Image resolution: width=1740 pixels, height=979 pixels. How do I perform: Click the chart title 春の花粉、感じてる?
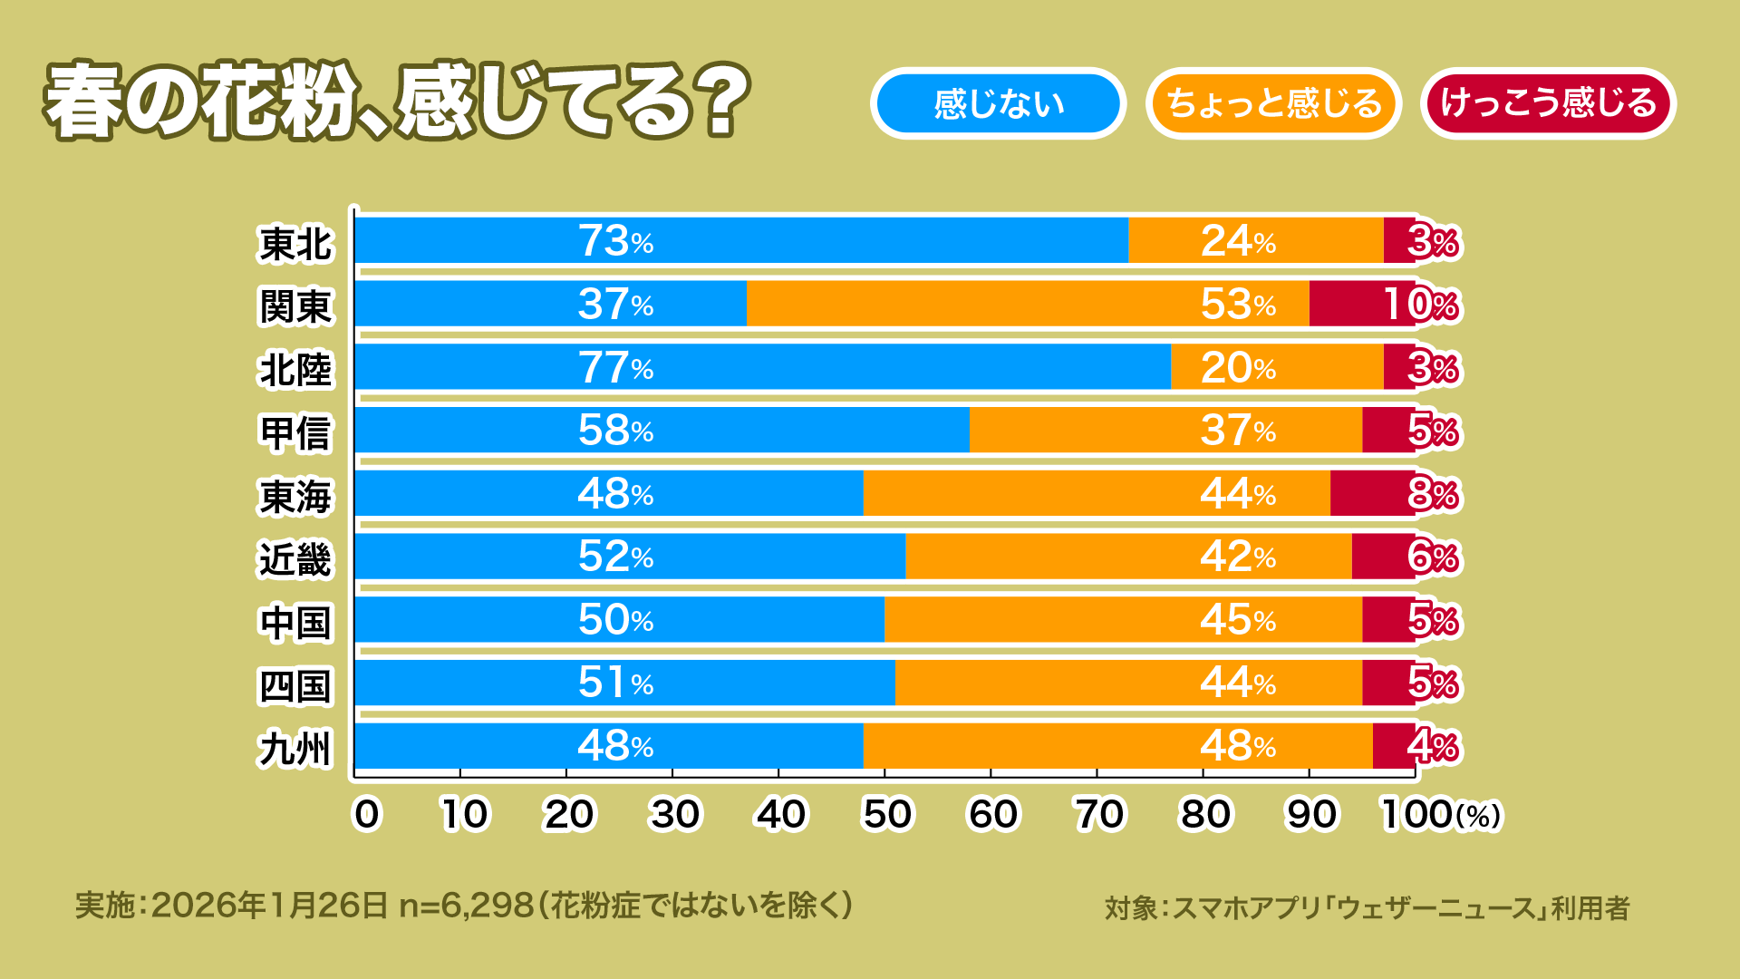coord(397,102)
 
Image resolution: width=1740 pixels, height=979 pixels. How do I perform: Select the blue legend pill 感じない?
coord(998,103)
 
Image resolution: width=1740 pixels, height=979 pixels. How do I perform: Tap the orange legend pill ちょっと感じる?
coord(1273,103)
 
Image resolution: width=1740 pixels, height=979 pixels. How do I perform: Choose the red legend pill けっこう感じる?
coord(1548,103)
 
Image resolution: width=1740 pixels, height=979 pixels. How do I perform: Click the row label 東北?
coord(295,244)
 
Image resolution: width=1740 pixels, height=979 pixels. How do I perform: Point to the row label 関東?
coord(295,306)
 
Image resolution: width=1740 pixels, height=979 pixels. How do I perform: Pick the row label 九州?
coord(295,749)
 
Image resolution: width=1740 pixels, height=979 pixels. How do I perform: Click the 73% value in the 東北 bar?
coord(615,241)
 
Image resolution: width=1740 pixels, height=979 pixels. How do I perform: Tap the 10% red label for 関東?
coord(1420,305)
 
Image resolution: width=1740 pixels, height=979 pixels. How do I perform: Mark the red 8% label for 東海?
coord(1432,494)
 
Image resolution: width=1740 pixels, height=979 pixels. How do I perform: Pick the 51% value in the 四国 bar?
coord(615,683)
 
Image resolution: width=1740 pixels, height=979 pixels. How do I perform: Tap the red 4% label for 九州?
coord(1432,746)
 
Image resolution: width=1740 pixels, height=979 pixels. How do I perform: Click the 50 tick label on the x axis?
coord(886,814)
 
